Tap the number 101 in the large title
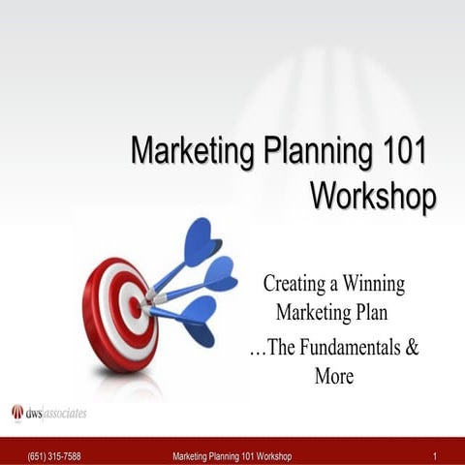click(x=398, y=152)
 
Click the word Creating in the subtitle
click(x=294, y=285)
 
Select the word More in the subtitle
click(x=334, y=376)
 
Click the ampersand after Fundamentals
click(x=412, y=349)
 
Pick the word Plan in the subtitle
click(x=383, y=313)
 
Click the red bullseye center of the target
click(x=135, y=307)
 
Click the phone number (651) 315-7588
click(x=54, y=456)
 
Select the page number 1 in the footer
click(x=437, y=456)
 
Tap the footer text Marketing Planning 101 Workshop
click(x=232, y=456)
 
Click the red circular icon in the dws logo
click(x=17, y=413)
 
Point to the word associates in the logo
click(x=66, y=414)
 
